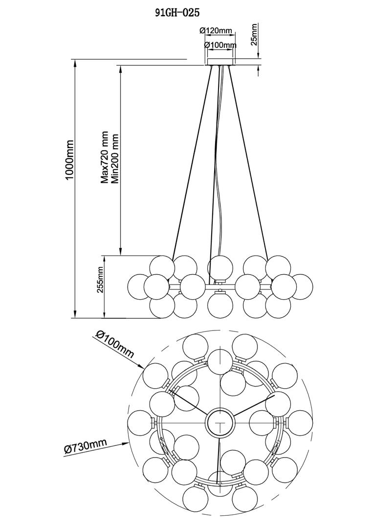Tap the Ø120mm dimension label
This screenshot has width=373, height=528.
(x=216, y=30)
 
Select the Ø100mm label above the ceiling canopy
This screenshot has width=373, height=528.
(x=220, y=45)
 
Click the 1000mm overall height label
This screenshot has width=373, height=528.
(x=70, y=159)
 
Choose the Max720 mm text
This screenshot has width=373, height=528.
(x=105, y=157)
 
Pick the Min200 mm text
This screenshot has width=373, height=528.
(x=115, y=158)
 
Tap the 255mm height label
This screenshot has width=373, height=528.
(x=100, y=279)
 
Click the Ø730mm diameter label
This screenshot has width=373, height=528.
(x=86, y=447)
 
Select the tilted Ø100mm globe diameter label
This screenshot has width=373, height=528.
(x=115, y=344)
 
